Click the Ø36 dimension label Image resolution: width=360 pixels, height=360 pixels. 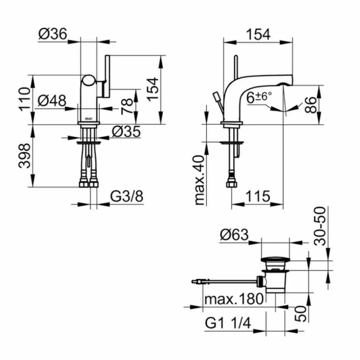[x=53, y=34]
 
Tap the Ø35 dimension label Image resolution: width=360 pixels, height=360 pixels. [x=126, y=131]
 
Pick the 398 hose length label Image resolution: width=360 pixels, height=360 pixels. [x=25, y=155]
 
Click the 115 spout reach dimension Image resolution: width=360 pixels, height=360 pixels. [x=257, y=197]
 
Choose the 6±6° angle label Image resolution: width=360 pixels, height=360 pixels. [x=259, y=97]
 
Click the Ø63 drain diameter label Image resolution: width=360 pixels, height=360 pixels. [x=234, y=236]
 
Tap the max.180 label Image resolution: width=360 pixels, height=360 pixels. [x=234, y=299]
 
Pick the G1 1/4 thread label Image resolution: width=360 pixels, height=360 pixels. [x=228, y=322]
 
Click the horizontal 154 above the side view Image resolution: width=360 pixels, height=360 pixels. [x=259, y=34]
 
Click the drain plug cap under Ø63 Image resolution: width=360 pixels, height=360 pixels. [x=276, y=260]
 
